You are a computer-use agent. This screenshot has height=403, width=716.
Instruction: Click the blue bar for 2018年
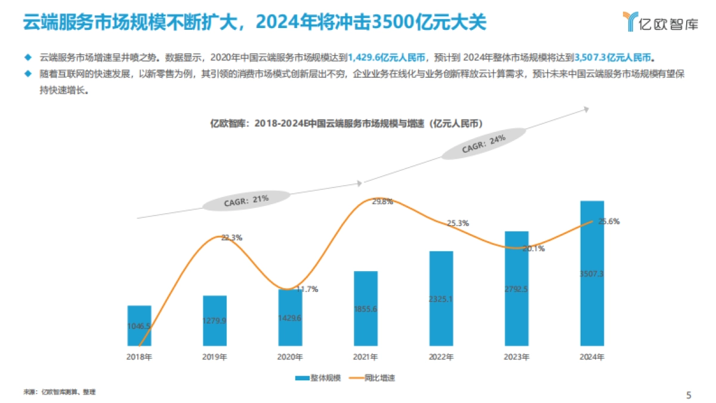(x=139, y=326)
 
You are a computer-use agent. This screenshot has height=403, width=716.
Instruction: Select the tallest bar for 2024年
(x=592, y=273)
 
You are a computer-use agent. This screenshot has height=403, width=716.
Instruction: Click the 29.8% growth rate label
(x=382, y=202)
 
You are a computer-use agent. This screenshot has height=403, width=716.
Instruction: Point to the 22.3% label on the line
(x=232, y=238)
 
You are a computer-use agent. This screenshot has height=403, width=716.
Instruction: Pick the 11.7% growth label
(x=307, y=289)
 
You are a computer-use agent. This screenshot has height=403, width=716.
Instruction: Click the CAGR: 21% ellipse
(x=246, y=201)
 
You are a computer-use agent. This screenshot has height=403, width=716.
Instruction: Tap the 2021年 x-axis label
(x=365, y=357)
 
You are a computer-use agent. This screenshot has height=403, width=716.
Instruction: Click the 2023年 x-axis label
(x=516, y=357)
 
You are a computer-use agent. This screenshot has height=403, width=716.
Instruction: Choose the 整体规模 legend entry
(x=319, y=378)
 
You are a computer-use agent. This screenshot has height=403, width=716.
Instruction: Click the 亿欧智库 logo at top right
(x=659, y=22)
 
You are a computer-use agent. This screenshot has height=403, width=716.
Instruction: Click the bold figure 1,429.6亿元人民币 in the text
(x=387, y=58)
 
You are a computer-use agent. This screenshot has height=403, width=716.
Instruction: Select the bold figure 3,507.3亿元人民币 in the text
(x=614, y=58)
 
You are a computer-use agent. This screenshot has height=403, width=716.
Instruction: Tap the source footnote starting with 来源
(x=60, y=392)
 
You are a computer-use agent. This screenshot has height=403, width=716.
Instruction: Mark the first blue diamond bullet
(x=27, y=58)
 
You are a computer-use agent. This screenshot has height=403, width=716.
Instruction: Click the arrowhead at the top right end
(x=586, y=109)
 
